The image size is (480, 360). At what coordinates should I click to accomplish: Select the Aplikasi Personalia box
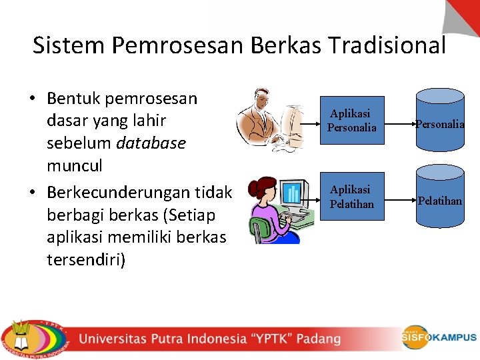(352, 121)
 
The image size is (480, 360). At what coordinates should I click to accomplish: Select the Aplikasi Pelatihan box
(352, 197)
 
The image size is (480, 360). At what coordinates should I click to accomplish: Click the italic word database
(151, 143)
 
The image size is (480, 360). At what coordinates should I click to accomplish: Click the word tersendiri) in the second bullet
(86, 259)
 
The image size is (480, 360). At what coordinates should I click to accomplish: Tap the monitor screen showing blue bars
(292, 193)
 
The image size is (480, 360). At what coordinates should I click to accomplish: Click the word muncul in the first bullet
(75, 166)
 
